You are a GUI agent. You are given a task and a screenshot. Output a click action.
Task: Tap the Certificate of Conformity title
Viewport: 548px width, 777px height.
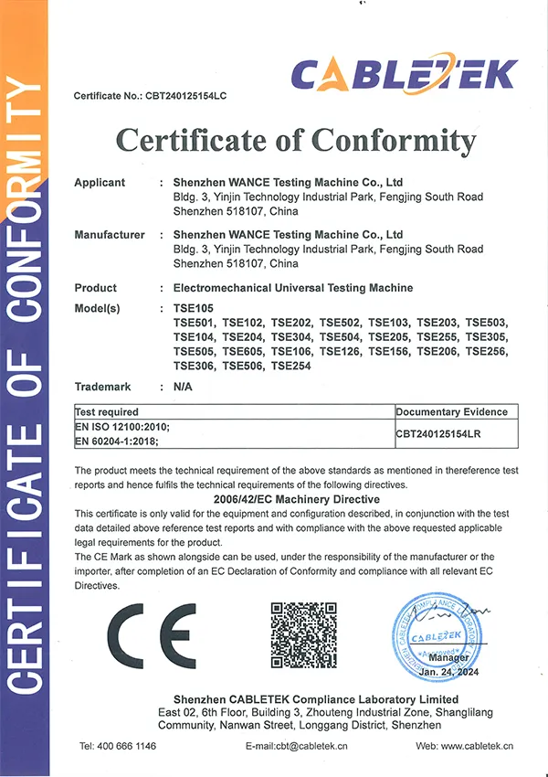[295, 141]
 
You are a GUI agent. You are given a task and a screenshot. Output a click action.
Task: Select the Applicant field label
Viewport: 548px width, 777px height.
[100, 183]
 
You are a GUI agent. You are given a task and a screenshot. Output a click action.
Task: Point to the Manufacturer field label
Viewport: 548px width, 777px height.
[110, 235]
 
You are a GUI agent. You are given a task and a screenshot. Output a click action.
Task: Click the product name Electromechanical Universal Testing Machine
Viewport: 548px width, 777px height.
[292, 288]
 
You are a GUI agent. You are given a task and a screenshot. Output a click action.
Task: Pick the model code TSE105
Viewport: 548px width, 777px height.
[193, 308]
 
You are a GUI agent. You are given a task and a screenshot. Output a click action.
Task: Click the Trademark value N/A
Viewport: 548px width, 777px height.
[181, 387]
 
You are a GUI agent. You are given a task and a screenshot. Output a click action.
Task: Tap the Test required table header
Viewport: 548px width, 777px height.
[107, 412]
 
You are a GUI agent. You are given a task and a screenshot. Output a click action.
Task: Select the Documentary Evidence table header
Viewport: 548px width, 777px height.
[451, 412]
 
